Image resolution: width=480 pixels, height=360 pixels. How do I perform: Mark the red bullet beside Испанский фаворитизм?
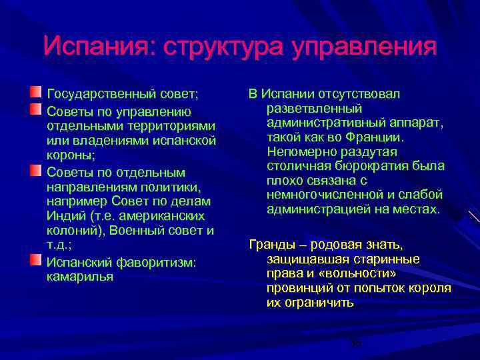coord(35,259)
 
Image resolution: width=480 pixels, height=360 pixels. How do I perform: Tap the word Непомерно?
coord(298,152)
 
